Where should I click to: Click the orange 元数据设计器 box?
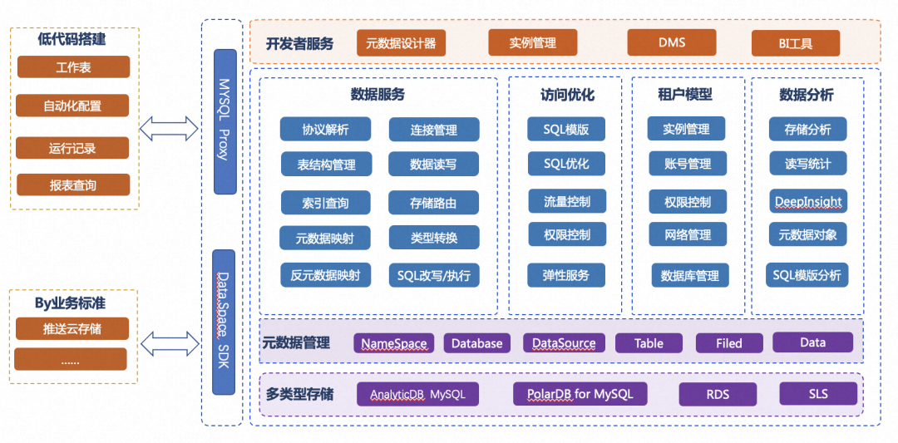point(401,43)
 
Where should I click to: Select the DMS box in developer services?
point(672,42)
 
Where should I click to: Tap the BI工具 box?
point(796,43)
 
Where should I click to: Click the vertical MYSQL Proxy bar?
point(224,122)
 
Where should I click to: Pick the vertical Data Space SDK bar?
point(224,322)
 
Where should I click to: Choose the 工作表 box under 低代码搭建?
point(73,67)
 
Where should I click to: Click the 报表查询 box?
point(72,185)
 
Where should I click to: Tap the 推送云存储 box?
point(72,328)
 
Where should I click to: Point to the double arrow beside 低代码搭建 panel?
point(169,129)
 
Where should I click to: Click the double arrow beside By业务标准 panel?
point(170,345)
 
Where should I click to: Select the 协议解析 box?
point(325,130)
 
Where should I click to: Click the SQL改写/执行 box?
point(433,275)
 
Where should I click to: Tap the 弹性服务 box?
point(566,275)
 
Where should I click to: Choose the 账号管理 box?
point(688,164)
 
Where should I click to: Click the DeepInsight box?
point(808,201)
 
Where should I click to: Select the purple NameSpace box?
point(394,342)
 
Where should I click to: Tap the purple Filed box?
point(729,342)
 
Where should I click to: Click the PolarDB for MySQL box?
point(580,394)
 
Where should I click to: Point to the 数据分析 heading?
point(807,95)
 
